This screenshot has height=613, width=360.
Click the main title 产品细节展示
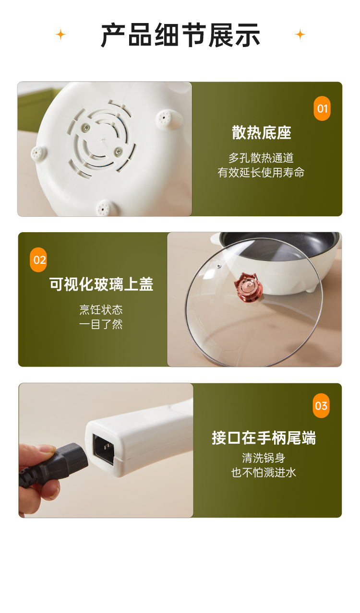click(x=180, y=35)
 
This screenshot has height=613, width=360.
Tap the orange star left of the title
click(x=60, y=35)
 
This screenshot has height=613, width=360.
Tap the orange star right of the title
click(x=300, y=35)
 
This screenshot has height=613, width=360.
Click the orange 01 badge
click(x=322, y=108)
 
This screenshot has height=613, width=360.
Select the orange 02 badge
click(x=38, y=259)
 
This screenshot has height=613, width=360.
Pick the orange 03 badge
click(x=321, y=406)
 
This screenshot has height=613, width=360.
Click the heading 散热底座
click(x=262, y=133)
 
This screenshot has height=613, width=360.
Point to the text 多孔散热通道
click(x=261, y=158)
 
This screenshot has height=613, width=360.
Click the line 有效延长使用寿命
click(x=261, y=172)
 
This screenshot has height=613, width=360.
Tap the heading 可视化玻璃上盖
click(x=101, y=284)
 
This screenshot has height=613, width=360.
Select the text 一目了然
click(x=101, y=324)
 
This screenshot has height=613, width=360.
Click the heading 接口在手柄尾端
click(x=264, y=438)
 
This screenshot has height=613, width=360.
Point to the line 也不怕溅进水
click(x=264, y=472)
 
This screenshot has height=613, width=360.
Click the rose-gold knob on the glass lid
click(x=249, y=287)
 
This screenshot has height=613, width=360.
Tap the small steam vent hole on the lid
click(x=218, y=266)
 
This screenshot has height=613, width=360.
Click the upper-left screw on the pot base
click(x=86, y=127)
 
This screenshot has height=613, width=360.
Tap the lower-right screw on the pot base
click(x=118, y=151)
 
